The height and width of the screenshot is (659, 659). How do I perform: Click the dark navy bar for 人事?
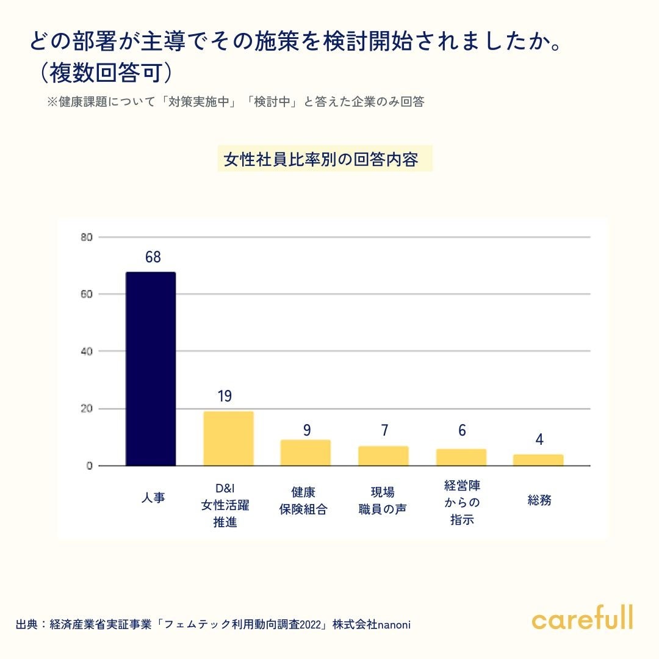[x=151, y=369]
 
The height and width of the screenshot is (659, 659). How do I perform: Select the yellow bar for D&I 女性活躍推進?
[x=228, y=439]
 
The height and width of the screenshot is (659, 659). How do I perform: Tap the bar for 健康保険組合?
[x=306, y=453]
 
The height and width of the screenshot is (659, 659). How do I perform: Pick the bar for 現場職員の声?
[x=383, y=456]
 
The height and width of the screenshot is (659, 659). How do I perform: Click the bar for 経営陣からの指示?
[x=461, y=458]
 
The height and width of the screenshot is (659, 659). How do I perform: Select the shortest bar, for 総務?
[x=538, y=460]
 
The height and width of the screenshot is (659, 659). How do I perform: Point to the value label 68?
[x=153, y=257]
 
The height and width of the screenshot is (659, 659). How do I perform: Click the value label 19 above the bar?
[x=225, y=396]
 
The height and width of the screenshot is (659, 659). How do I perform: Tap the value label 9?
[x=307, y=430]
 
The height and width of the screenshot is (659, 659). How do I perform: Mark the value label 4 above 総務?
[x=539, y=439]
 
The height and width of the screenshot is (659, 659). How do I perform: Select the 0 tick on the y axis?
[x=88, y=466]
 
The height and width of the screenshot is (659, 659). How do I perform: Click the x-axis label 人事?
[x=153, y=498]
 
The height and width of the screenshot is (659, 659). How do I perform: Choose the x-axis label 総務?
[x=539, y=500]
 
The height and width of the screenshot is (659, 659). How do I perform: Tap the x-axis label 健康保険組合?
[x=303, y=500]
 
